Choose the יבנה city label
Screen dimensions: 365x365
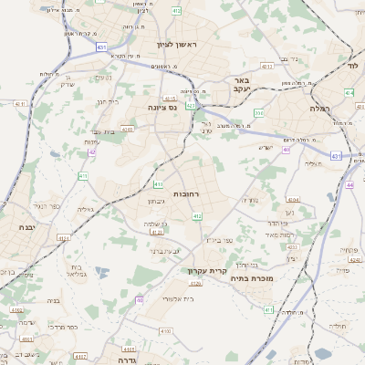coord(25,226)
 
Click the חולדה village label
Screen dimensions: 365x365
coord(338,324)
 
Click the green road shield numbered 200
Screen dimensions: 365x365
coord(259,113)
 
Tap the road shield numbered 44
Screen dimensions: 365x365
coord(350,184)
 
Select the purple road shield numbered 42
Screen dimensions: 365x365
coord(92,151)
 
